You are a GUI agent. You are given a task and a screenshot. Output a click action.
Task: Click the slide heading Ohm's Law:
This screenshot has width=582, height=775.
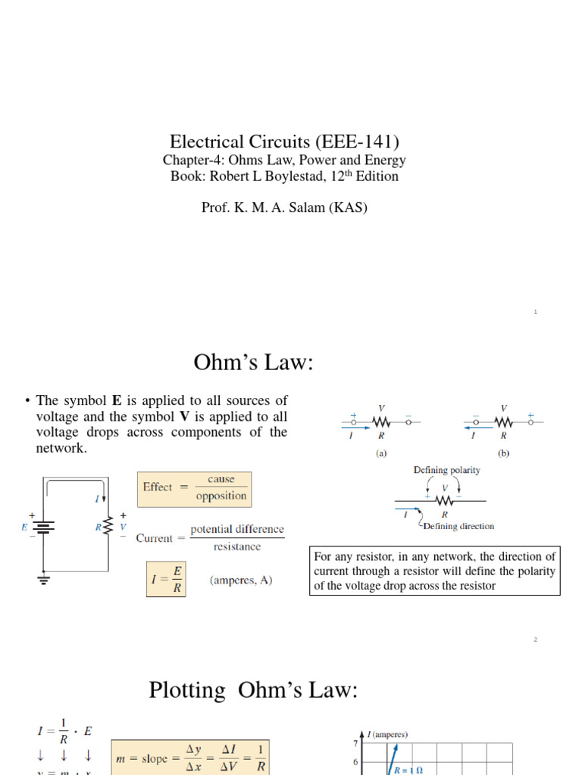(253, 363)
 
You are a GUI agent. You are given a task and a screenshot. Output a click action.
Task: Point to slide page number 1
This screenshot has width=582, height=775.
(535, 312)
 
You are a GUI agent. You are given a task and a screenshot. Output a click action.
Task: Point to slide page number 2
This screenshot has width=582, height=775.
(535, 640)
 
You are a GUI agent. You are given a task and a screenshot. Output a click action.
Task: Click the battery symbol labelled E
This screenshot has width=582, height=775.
(43, 527)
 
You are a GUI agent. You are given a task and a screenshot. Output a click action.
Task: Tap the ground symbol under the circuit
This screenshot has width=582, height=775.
(43, 579)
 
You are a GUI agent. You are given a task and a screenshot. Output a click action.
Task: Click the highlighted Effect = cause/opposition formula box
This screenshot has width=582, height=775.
(194, 488)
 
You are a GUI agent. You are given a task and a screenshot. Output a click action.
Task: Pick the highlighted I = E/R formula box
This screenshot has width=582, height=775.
(167, 579)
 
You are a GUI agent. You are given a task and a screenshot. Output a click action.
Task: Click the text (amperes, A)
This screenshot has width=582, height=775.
(240, 580)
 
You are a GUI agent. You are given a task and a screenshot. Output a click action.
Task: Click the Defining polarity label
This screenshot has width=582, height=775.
(446, 470)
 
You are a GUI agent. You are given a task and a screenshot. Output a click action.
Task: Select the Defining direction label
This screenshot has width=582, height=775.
(458, 526)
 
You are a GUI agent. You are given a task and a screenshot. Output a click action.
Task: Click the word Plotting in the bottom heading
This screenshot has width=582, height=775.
(187, 690)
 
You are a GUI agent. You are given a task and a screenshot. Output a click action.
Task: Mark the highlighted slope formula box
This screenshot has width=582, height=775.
(189, 758)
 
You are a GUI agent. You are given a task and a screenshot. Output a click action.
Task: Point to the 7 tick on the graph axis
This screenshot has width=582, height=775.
(355, 743)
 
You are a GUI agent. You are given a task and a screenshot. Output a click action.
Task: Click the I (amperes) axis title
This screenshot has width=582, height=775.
(387, 735)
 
